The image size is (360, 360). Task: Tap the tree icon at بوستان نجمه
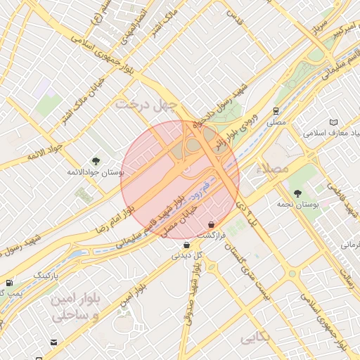pos(298,193)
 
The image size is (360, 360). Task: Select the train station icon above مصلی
pos(276,111)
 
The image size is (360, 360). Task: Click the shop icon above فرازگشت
pos(212,224)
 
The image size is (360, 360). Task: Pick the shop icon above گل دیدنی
pos(186,245)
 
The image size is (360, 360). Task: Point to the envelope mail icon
pos(53,342)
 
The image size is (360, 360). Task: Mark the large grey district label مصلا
pos(274,169)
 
